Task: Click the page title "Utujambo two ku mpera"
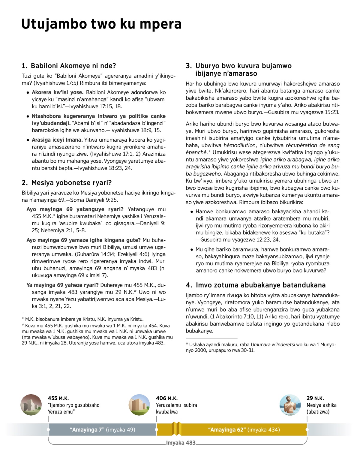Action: tap(101, 24)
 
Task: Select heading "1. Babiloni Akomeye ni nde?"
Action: tap(69, 66)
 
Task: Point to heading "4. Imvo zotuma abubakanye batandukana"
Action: tap(256, 285)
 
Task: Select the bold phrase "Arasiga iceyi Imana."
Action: tap(57, 140)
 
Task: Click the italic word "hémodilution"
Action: tap(240, 145)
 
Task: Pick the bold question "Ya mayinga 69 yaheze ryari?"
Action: tap(62, 285)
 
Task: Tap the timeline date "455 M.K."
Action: tap(58, 398)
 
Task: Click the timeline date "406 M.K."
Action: tap(167, 398)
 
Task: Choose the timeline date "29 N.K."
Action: tap(315, 398)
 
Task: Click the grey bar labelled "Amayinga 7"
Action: tap(102, 430)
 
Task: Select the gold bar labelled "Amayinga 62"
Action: tap(244, 430)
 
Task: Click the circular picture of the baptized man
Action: tap(290, 405)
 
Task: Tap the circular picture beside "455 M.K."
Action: tap(31, 405)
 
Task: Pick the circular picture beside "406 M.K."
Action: tap(139, 405)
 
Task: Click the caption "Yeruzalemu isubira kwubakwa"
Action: tap(176, 408)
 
